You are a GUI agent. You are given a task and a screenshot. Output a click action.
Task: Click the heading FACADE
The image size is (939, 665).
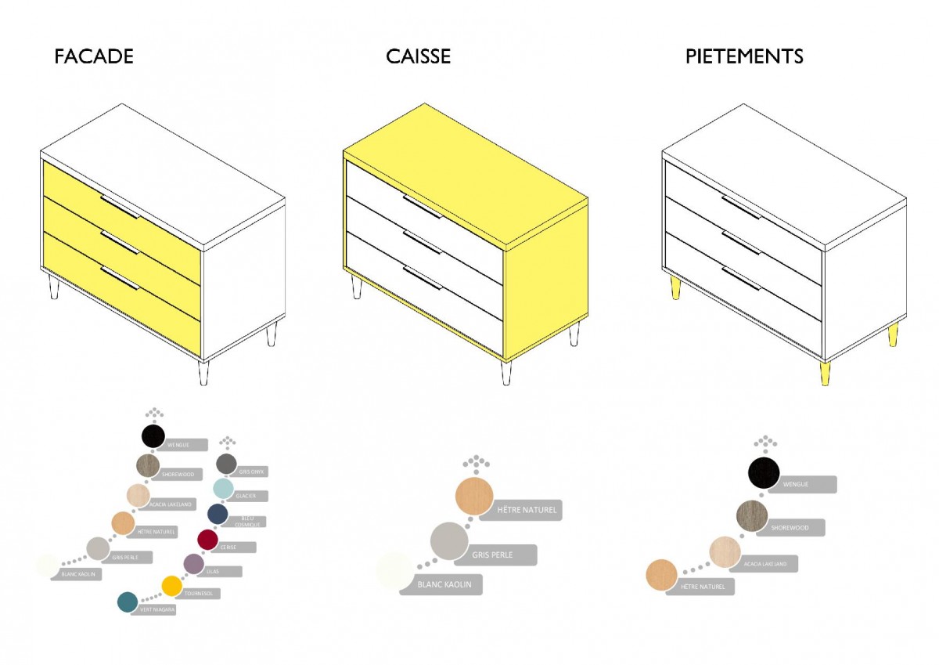coord(94,57)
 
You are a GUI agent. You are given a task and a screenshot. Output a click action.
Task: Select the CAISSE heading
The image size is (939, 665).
coord(418,57)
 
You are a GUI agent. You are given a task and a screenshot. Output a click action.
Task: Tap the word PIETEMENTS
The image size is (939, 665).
coord(744,57)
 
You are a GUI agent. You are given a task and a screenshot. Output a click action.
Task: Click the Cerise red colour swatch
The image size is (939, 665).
coord(207,540)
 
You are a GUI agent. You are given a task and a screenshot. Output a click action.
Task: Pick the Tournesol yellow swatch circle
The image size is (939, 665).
coord(171,586)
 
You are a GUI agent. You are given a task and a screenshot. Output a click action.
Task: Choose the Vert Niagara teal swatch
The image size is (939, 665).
coord(128,602)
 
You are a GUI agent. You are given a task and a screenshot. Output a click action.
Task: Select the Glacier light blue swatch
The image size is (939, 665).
coord(224,489)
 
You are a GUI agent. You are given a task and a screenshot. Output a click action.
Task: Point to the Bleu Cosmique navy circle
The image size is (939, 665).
coord(218,514)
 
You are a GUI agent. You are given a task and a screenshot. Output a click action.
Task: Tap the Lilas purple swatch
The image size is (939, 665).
coord(193,563)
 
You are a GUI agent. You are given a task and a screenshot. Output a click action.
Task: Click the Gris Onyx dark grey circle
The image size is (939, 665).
coord(226,464)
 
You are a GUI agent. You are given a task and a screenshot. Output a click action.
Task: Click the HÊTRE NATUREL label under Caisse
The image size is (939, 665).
coord(527,510)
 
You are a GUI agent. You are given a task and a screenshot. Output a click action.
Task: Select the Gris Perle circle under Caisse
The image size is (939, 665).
coord(449,541)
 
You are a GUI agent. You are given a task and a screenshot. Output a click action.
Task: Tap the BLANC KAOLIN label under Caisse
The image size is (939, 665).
coord(444,584)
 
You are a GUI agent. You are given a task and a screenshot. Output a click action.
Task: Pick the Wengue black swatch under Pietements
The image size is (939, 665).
coord(764,473)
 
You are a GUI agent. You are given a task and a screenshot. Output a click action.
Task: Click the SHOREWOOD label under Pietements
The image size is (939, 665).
coord(790,528)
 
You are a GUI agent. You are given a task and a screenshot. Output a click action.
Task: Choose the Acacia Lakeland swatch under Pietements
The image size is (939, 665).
coord(725,552)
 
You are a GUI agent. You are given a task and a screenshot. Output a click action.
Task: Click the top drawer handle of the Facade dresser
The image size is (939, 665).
coord(120,208)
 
